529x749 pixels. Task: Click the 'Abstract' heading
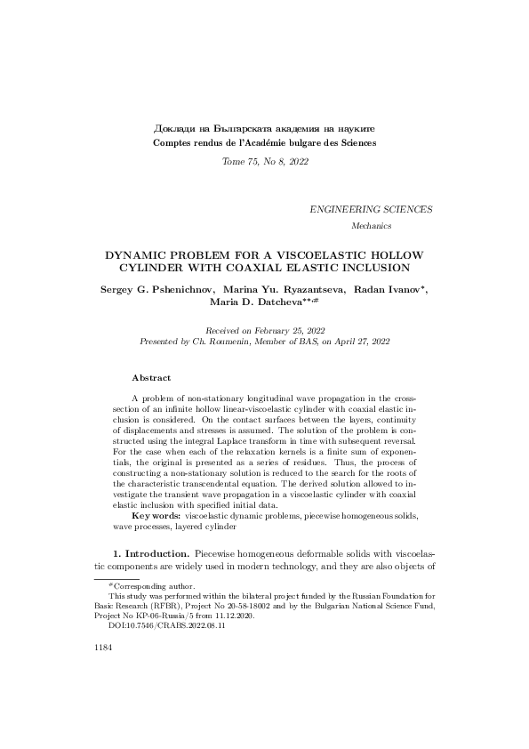point(151,378)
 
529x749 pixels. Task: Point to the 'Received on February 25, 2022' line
point(264,329)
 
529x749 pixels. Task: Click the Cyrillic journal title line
point(264,129)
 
